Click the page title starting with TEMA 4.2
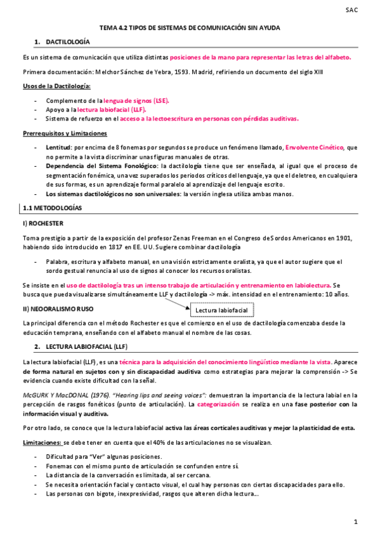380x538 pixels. click(x=190, y=28)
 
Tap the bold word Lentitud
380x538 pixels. click(x=59, y=148)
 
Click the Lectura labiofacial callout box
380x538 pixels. click(x=221, y=310)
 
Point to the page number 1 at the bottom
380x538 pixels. click(x=357, y=522)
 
